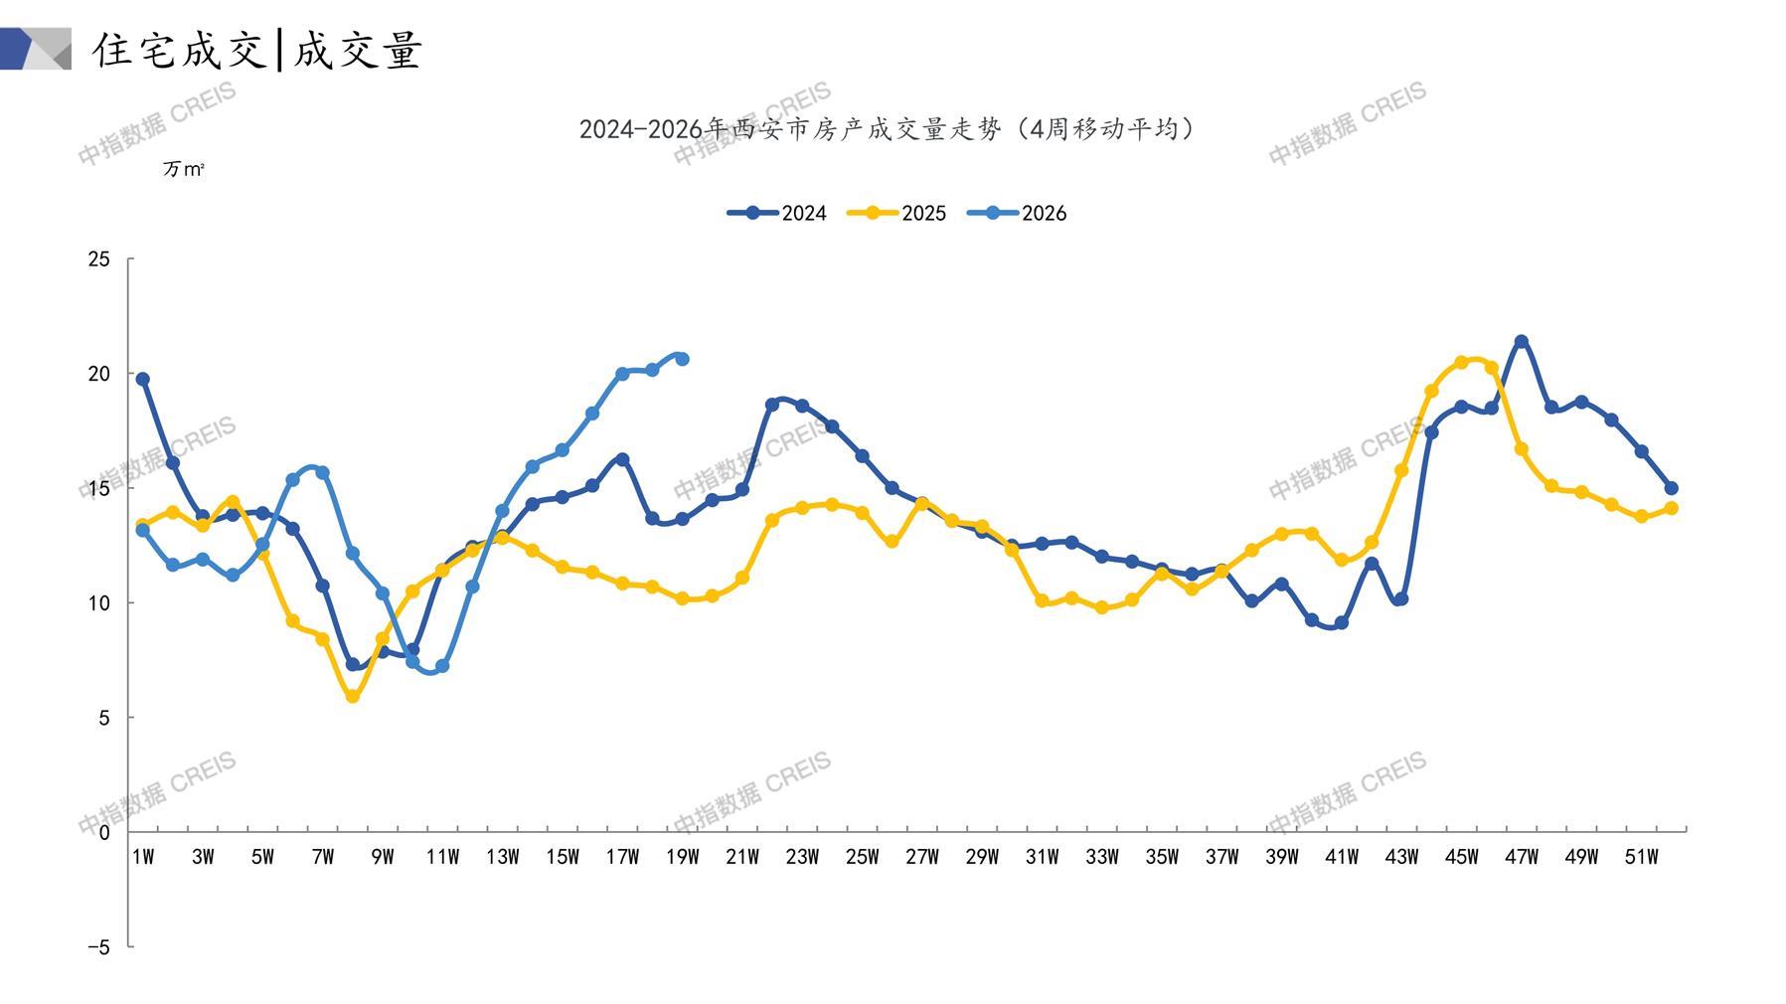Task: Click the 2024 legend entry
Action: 776,213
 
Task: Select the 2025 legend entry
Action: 896,213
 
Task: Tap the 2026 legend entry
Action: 1017,213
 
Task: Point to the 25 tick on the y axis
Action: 99,259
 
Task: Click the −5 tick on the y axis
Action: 98,947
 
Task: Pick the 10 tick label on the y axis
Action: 99,603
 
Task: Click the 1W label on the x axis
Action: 143,857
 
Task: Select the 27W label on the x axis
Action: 922,857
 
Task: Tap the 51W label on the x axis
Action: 1641,857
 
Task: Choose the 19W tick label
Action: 682,857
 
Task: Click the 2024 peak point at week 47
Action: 1521,342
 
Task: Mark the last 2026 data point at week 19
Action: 682,359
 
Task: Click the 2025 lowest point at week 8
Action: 353,697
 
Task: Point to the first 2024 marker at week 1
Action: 143,379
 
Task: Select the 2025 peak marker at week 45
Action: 1461,363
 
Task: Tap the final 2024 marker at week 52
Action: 1671,488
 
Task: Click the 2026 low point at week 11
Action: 442,666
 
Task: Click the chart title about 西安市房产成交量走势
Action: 888,129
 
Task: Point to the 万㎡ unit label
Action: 184,170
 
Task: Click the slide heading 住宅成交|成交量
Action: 258,50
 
